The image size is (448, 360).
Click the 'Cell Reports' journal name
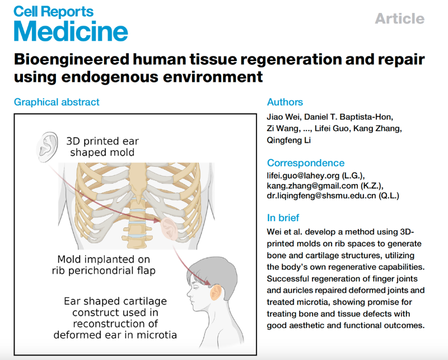click(54, 11)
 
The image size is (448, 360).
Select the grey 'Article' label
click(399, 18)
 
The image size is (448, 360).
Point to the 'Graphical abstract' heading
click(57, 102)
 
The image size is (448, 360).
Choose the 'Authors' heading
click(284, 102)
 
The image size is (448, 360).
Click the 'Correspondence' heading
click(306, 163)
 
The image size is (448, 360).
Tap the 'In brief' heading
click(283, 218)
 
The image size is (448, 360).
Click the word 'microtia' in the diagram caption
click(158, 335)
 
